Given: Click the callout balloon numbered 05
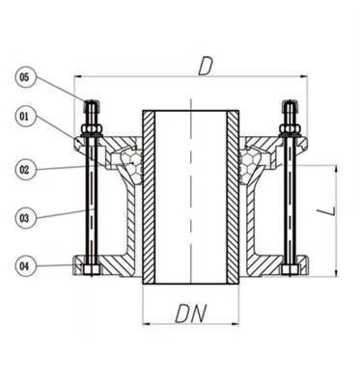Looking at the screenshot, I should pos(26,75).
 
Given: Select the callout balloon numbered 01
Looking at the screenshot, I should pos(26,117).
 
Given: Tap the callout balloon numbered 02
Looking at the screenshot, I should pos(26,169).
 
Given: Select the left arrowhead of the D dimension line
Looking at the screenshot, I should pos(77,76).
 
